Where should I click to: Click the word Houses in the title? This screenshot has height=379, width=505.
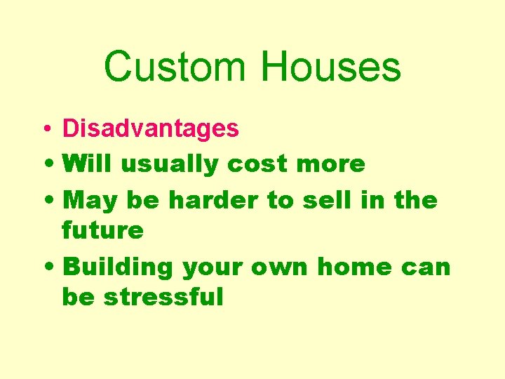(330, 67)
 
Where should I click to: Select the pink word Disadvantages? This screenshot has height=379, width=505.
(151, 128)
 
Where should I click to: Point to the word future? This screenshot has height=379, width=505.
(102, 230)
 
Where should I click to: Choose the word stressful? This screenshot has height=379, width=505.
(163, 297)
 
